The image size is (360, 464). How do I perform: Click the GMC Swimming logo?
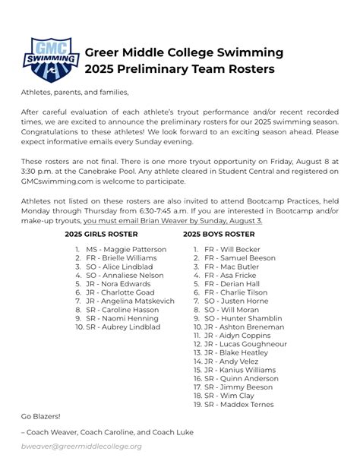[x=50, y=60]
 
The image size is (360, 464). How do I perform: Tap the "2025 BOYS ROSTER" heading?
[x=219, y=235]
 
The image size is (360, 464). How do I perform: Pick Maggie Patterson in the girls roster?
[x=126, y=249]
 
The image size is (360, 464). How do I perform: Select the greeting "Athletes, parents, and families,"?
[x=75, y=93]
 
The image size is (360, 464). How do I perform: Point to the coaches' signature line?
[x=107, y=432]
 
